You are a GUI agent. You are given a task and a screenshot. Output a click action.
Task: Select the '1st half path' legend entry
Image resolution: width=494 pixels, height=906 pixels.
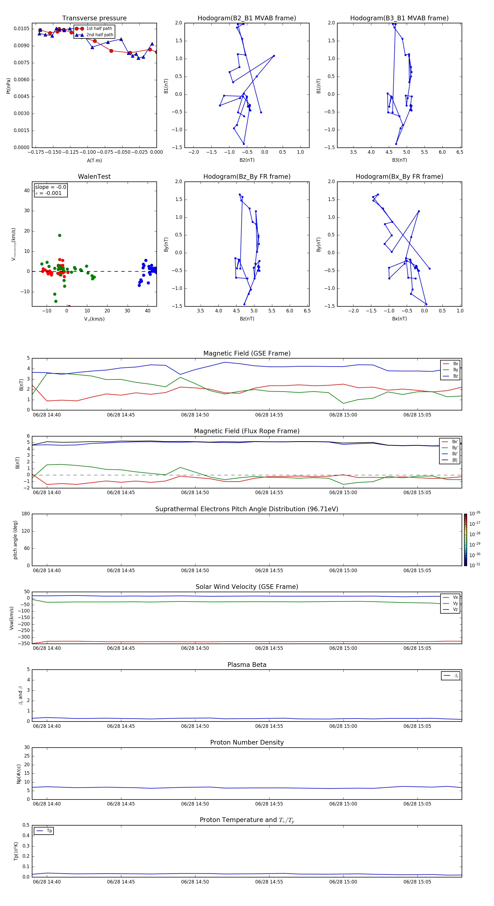click(x=99, y=29)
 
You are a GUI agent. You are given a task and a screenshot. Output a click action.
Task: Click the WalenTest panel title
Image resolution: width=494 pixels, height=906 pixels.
click(x=94, y=177)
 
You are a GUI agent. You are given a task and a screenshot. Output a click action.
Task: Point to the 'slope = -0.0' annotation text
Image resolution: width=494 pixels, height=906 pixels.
click(x=50, y=187)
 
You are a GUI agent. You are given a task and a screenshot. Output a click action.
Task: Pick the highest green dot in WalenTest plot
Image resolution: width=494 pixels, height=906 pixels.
click(x=60, y=235)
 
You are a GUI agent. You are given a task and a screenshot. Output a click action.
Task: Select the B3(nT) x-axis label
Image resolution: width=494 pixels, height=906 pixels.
click(x=399, y=160)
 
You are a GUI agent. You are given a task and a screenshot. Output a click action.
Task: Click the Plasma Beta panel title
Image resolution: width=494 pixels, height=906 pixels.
click(x=247, y=665)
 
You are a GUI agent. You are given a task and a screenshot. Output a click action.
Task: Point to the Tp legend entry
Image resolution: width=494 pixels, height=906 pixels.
click(x=49, y=831)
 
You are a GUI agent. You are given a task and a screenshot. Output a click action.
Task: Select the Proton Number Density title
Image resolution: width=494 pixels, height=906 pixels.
click(x=247, y=742)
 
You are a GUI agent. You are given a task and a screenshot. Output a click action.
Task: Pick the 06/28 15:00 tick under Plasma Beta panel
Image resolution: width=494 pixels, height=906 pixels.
click(x=343, y=726)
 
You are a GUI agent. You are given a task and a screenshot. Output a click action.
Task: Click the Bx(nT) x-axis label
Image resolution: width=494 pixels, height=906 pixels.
click(x=399, y=319)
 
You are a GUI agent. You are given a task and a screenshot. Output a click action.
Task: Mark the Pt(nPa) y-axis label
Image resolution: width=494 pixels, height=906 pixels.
click(x=9, y=86)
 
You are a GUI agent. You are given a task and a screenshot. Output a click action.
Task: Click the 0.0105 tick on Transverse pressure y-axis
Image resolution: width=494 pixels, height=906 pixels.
click(x=21, y=29)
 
